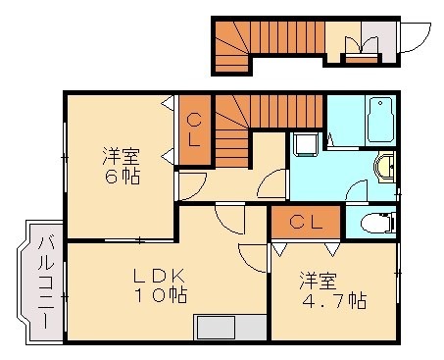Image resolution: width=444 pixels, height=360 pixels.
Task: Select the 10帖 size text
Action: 163,293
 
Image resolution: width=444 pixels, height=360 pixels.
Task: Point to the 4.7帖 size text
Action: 334,300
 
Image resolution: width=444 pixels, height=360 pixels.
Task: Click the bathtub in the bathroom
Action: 379,122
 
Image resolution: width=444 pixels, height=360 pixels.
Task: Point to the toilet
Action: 375,225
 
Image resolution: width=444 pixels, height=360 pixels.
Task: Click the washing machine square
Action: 304,144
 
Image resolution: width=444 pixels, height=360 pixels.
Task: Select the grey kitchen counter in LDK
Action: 230,327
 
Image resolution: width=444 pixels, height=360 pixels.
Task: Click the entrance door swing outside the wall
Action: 416,36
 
